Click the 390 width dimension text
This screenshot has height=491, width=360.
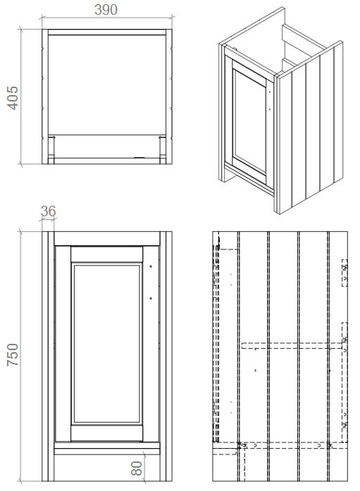[105, 9]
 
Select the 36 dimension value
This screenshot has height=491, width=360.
[48, 211]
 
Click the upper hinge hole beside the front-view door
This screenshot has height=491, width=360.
[151, 266]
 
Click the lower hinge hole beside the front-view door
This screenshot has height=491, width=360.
[151, 298]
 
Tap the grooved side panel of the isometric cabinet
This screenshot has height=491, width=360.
[310, 134]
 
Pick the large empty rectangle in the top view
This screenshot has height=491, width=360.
[106, 80]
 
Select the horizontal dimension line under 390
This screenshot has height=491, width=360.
[106, 23]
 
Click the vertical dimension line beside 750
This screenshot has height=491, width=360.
[23, 356]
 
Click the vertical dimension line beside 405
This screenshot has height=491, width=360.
[23, 97]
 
